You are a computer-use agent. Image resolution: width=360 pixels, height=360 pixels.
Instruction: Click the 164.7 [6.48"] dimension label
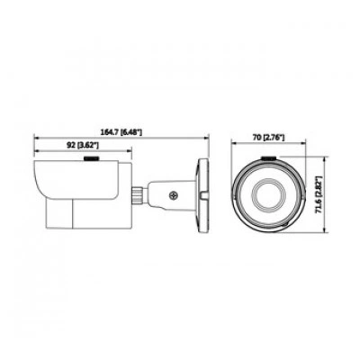pos(122,132)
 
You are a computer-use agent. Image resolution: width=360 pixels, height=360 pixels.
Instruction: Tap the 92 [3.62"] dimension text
pos(83,146)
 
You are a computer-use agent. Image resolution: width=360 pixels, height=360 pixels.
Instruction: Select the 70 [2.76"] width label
pos(268,138)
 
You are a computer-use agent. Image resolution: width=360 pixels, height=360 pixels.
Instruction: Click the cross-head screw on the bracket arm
pos(174,195)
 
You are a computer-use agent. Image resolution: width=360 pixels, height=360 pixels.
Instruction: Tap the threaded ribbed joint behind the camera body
pos(138,195)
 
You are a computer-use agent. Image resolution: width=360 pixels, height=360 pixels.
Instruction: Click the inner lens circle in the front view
pos(267,196)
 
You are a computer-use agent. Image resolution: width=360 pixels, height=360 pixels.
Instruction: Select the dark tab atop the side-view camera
pos(92,158)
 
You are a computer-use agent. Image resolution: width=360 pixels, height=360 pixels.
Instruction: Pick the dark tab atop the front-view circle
pos(268,158)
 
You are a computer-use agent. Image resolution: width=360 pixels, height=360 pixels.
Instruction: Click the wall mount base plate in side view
pos(202,195)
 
